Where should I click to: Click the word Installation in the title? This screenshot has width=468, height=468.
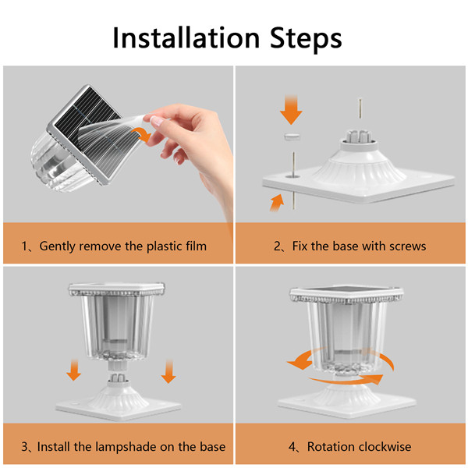[x=186, y=37]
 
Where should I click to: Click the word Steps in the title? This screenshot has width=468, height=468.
[x=306, y=39]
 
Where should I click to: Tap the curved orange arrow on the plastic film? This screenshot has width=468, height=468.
[x=143, y=134]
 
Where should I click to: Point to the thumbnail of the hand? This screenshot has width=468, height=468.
[x=157, y=120]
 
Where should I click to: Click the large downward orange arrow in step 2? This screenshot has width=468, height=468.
[x=291, y=109]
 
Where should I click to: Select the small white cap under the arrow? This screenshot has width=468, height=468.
[x=292, y=136]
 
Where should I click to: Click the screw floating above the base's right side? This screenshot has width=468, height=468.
[x=360, y=109]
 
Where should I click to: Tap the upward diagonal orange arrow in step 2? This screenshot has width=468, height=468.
[x=277, y=203]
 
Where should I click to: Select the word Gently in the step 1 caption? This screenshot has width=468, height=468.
[x=57, y=246]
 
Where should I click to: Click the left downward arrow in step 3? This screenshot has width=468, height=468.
[x=74, y=370]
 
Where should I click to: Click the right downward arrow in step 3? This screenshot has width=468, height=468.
[x=168, y=371]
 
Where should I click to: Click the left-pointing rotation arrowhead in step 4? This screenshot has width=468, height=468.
[x=300, y=363]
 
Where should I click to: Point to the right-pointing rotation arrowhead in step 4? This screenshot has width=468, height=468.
[x=375, y=379]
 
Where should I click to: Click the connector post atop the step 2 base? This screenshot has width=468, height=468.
[x=358, y=136]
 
